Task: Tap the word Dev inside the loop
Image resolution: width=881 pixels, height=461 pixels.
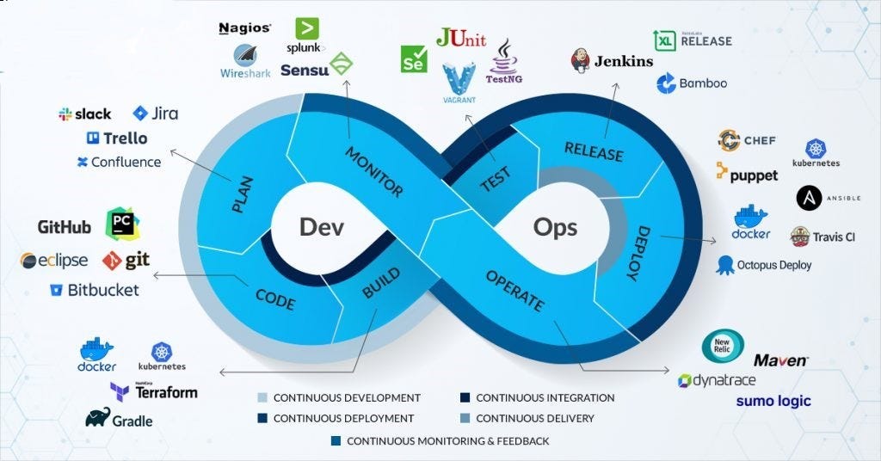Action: click(321, 226)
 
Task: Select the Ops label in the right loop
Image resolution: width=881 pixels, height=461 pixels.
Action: click(555, 226)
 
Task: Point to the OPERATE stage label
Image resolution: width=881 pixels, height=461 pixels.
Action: click(514, 291)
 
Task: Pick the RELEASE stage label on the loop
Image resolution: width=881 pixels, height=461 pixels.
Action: click(593, 151)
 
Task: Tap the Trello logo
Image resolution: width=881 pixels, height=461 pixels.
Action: click(117, 138)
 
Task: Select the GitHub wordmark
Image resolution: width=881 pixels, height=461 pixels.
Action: click(65, 227)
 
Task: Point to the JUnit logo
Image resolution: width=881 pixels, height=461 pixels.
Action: click(460, 38)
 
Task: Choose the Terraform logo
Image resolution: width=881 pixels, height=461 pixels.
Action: click(154, 391)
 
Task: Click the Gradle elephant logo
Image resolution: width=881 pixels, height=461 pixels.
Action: click(119, 419)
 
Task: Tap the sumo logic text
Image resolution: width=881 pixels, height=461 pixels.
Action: click(773, 401)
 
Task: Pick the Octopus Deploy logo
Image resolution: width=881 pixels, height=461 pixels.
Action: click(763, 265)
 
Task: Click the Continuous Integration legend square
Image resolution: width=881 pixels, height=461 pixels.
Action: click(465, 398)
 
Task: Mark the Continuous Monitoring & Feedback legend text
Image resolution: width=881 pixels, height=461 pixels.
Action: click(447, 441)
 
